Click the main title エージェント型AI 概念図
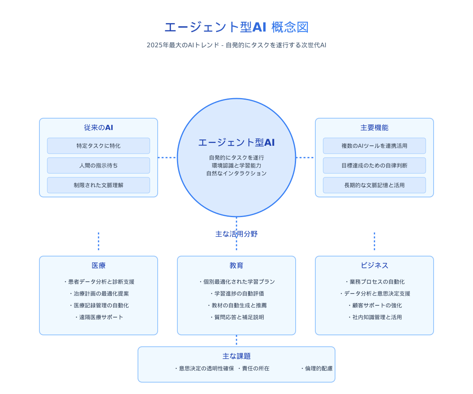236,27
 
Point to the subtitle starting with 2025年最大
236,45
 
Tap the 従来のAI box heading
99,128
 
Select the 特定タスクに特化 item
99,146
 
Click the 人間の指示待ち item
99,165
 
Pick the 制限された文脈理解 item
99,185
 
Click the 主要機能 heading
374,128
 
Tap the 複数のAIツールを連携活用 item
374,146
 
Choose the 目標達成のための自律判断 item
374,165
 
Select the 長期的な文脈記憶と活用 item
374,185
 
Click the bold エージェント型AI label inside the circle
236,143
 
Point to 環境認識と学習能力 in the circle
236,165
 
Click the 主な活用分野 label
236,234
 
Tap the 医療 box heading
99,266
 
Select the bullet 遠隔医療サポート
99,317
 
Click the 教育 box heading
236,266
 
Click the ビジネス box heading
374,266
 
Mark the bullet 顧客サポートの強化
375,305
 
